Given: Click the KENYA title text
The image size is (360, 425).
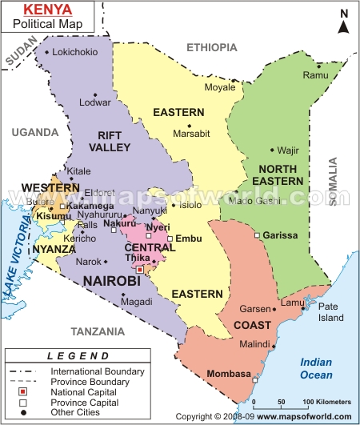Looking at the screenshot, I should pyautogui.click(x=41, y=10).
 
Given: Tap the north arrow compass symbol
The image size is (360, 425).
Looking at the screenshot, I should pyautogui.click(x=343, y=22).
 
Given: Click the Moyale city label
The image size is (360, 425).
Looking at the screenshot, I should pyautogui.click(x=220, y=86).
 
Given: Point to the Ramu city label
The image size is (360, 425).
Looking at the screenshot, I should pyautogui.click(x=316, y=75).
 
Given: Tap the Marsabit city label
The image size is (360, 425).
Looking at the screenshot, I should pyautogui.click(x=192, y=134).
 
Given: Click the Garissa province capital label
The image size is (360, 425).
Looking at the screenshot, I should pyautogui.click(x=281, y=235).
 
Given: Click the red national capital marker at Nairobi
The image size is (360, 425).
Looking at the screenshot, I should pyautogui.click(x=139, y=270).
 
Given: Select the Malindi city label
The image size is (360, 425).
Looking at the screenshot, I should pyautogui.click(x=254, y=344).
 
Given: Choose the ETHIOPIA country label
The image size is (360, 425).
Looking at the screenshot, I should pyautogui.click(x=212, y=48).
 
